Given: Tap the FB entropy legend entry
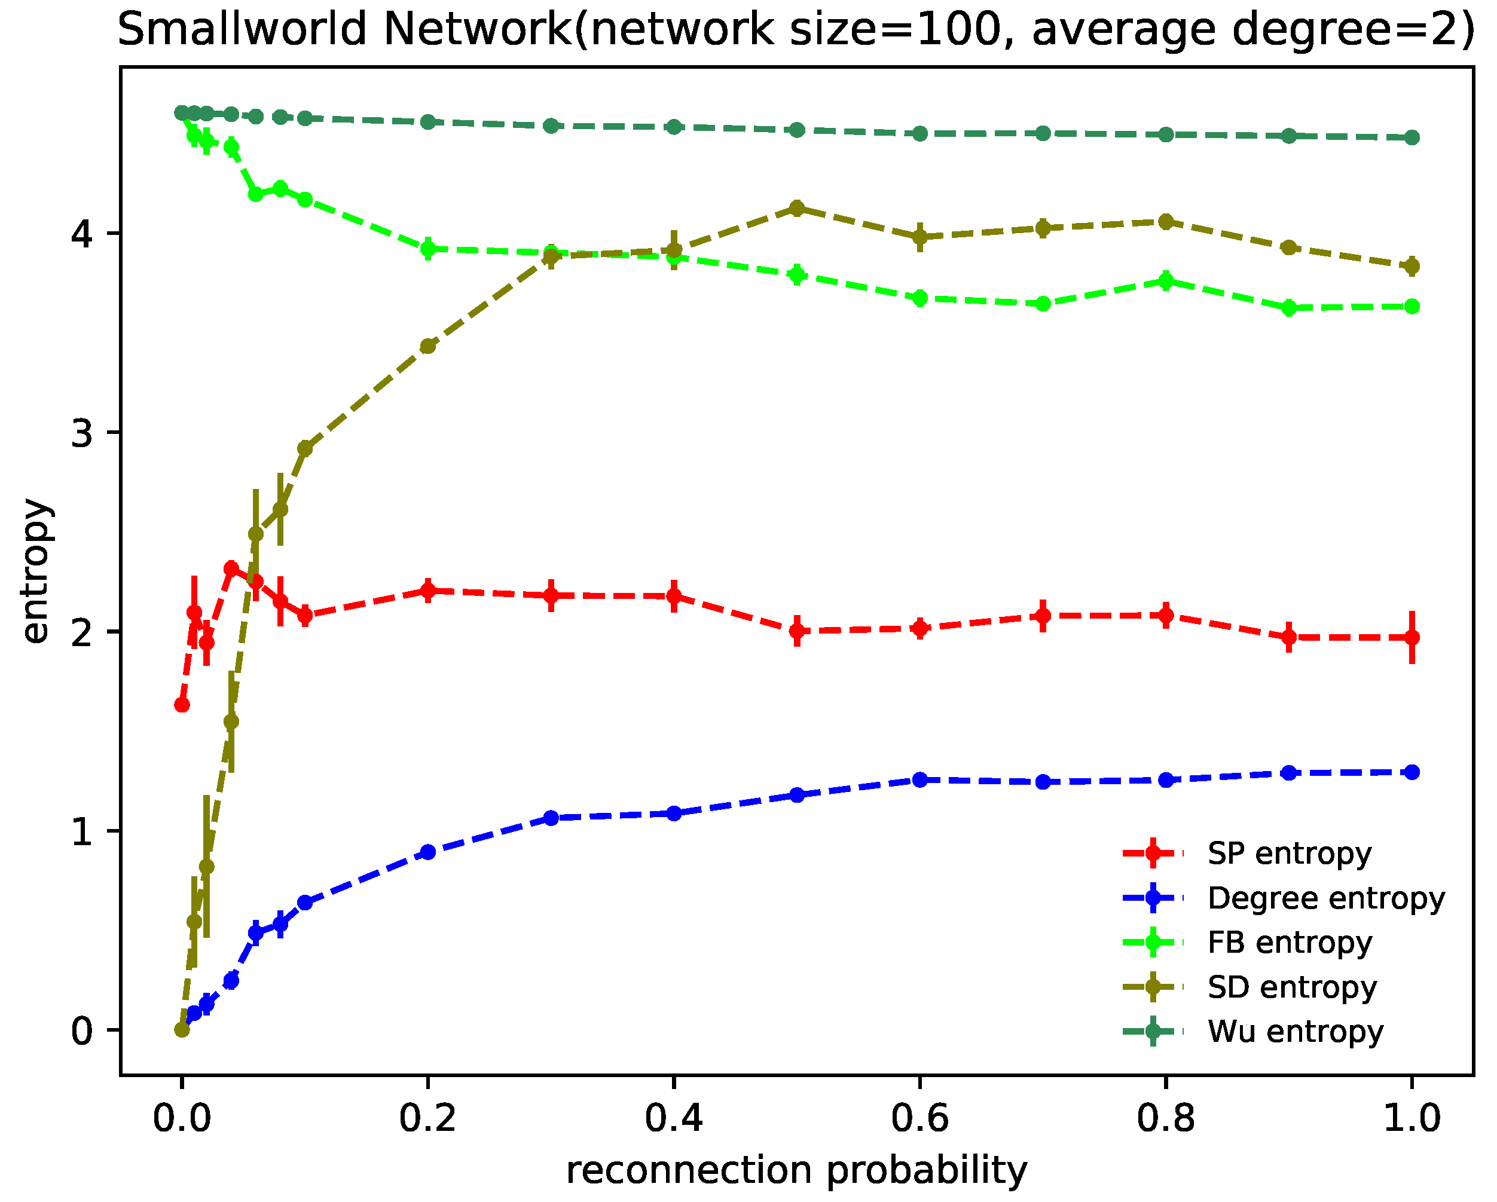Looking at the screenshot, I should click(1290, 943).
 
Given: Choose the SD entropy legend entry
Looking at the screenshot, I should click(1292, 987).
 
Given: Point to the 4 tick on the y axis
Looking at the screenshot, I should click(82, 234).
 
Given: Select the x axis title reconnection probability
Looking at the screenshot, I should click(796, 1171).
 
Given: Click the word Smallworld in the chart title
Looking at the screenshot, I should click(241, 30).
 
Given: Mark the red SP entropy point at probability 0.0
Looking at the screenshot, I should click(182, 705).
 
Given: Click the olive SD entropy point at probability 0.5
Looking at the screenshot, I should click(797, 208).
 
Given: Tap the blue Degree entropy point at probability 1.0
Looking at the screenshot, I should click(1412, 772).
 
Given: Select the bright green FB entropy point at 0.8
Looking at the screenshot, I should click(1166, 281).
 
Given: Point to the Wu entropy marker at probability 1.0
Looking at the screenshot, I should click(1412, 137).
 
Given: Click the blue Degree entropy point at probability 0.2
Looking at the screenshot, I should click(427, 852).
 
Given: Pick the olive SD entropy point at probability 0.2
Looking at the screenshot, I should click(427, 346).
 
